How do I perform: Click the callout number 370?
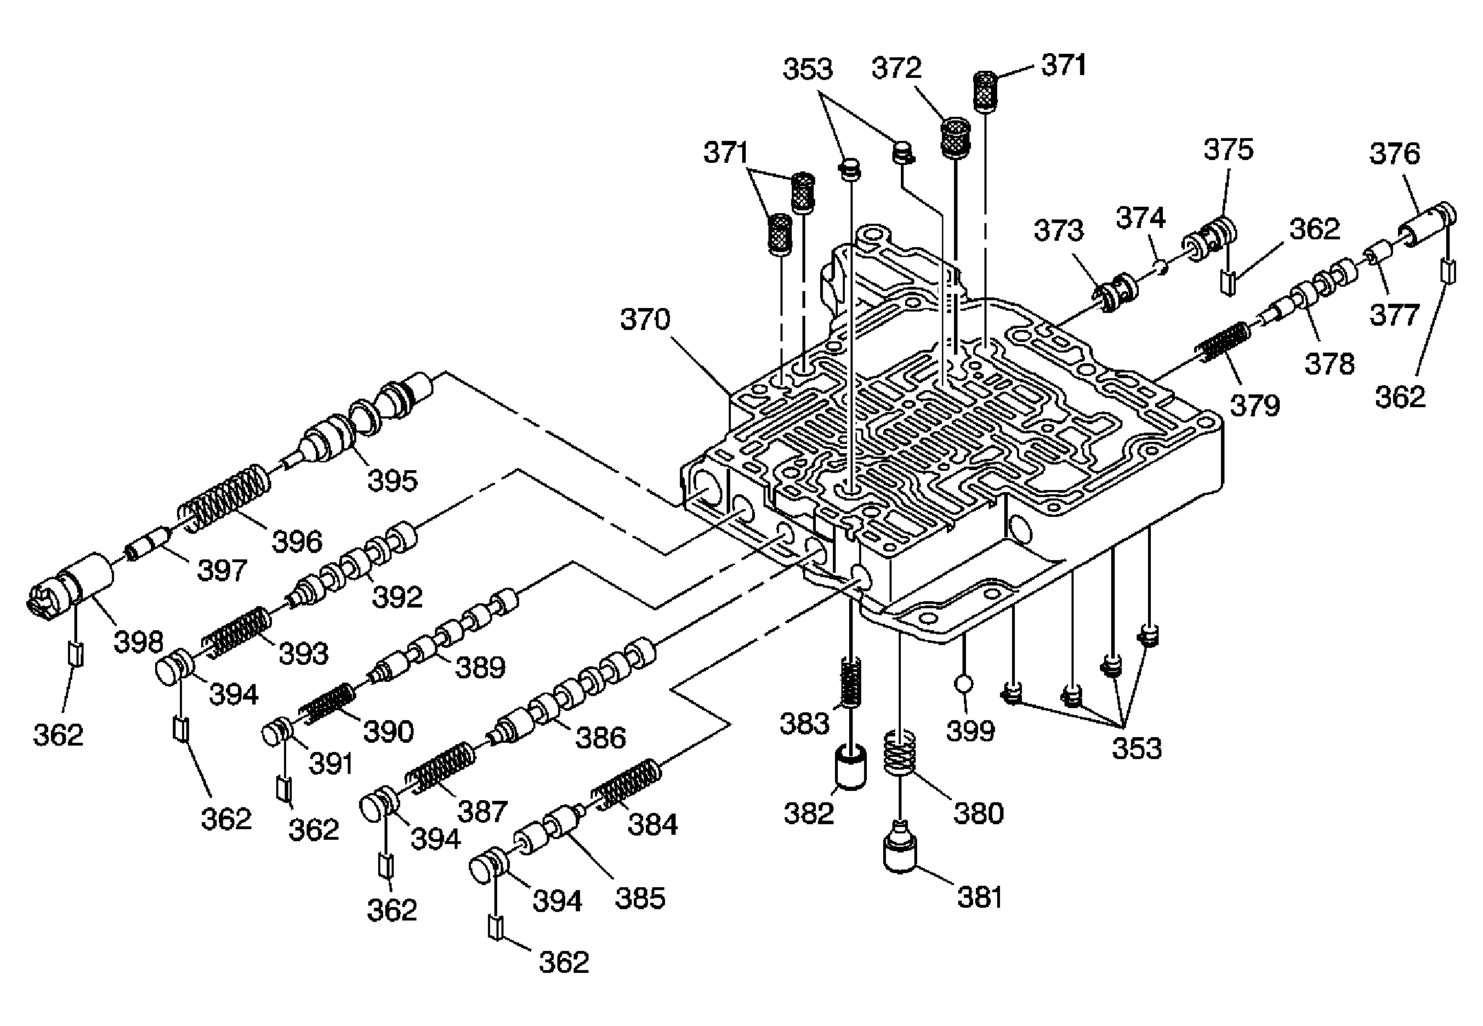(x=645, y=319)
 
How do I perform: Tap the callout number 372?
(x=897, y=68)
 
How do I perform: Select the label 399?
(x=970, y=730)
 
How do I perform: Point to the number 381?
(x=980, y=898)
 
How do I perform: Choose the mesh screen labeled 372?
(x=955, y=137)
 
